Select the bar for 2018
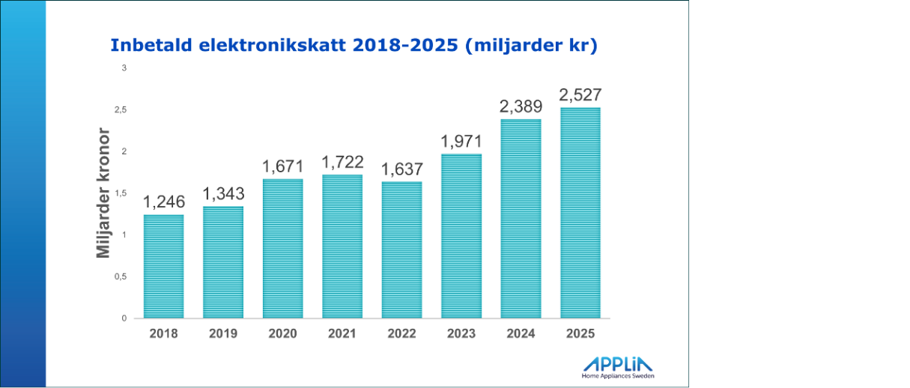[x=163, y=266]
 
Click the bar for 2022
[x=402, y=249]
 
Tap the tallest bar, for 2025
[x=580, y=213]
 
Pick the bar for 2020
[x=283, y=248]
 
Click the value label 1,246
[x=163, y=202]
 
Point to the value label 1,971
[x=461, y=142]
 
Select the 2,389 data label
[x=521, y=107]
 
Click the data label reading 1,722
[x=342, y=162]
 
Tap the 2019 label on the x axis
[x=222, y=333]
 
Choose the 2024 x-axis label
[x=521, y=333]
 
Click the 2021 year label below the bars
[x=342, y=333]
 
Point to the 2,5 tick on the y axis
[x=120, y=110]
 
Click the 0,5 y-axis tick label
[x=120, y=276]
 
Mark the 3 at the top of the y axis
[x=124, y=68]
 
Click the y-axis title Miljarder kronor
[x=104, y=194]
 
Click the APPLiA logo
[x=618, y=364]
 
